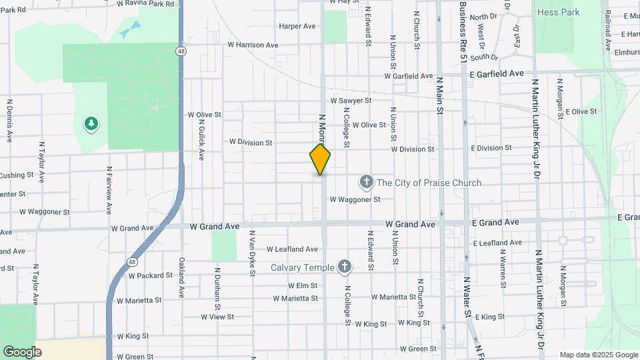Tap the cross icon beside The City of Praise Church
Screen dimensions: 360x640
click(366, 182)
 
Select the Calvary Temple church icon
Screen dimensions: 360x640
click(344, 267)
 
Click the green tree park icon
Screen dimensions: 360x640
click(91, 123)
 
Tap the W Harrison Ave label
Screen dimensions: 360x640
click(253, 45)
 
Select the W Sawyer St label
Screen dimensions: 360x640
click(355, 101)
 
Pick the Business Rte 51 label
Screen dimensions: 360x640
click(463, 32)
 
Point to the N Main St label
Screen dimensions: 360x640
click(439, 93)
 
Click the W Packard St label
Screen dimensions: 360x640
click(151, 275)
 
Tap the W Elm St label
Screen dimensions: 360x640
click(303, 285)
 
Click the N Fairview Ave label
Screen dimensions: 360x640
click(109, 190)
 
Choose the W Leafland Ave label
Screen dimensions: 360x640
click(292, 249)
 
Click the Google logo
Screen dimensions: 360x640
click(22, 351)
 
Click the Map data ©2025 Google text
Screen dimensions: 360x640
click(598, 355)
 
